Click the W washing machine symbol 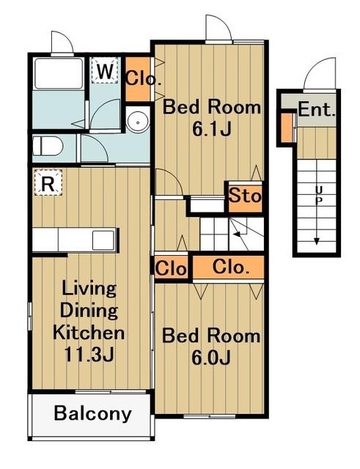tap(104, 70)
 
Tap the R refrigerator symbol tap(48, 182)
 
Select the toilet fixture tap(47, 146)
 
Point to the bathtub tap(59, 73)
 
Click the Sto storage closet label tap(245, 196)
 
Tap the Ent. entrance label tap(317, 109)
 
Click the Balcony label tap(93, 413)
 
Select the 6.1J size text tap(212, 129)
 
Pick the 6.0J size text tap(211, 358)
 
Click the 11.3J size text tap(89, 355)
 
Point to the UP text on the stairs tap(319, 195)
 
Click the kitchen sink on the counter tap(103, 240)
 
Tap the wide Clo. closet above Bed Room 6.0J tap(228, 267)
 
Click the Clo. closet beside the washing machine tap(138, 79)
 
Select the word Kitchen tap(89, 332)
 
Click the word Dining tap(89, 310)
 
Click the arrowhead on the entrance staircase tap(317, 241)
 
